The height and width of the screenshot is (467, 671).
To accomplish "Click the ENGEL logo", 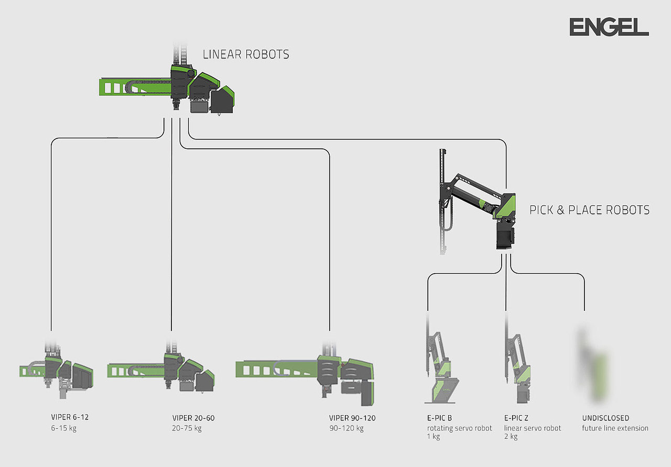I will [609, 27].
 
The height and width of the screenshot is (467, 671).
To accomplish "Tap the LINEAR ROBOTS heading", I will [246, 54].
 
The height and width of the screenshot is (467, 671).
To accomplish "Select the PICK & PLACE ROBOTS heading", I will [589, 210].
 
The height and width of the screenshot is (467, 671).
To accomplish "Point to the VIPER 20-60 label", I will [193, 418].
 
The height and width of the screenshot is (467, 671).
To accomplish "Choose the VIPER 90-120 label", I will [352, 418].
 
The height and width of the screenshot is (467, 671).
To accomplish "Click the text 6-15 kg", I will [60, 428].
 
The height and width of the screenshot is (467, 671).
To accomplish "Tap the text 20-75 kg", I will [187, 428].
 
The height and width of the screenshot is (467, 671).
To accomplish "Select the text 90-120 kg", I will [346, 428].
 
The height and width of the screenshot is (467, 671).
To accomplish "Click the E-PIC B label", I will [439, 418].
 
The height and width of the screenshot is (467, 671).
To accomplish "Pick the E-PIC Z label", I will [517, 418].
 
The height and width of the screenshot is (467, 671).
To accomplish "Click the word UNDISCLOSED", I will [605, 418].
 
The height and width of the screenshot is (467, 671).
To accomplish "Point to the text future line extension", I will [615, 428].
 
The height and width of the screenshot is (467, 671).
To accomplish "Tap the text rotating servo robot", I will [459, 428].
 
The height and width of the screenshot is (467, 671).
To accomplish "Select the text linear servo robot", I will [533, 428].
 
